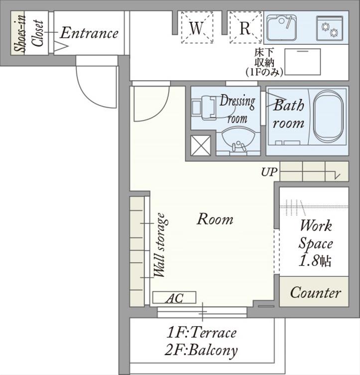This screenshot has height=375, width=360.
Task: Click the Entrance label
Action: pos(89,33)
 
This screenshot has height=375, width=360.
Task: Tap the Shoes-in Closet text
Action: pos(29,33)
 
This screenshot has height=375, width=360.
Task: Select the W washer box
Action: pos(197,27)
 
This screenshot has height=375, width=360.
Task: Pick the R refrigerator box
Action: pos(245,27)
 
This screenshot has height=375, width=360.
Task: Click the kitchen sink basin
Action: pos(282,28)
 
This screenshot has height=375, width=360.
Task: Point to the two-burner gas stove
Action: pos(330,28)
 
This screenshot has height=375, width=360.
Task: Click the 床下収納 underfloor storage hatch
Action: pos(303,62)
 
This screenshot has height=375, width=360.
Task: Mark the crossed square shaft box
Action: pos(201,145)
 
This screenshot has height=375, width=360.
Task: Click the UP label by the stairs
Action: pos(269,172)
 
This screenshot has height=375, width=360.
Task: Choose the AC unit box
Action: pos(174,298)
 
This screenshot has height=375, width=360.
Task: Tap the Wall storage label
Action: pos(160,246)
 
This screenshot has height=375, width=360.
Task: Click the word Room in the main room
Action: pos(215,219)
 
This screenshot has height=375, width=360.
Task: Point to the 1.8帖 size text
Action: pos(315,260)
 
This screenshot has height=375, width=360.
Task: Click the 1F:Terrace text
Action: pos(201,333)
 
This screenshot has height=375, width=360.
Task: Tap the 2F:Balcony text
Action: pos(201,351)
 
